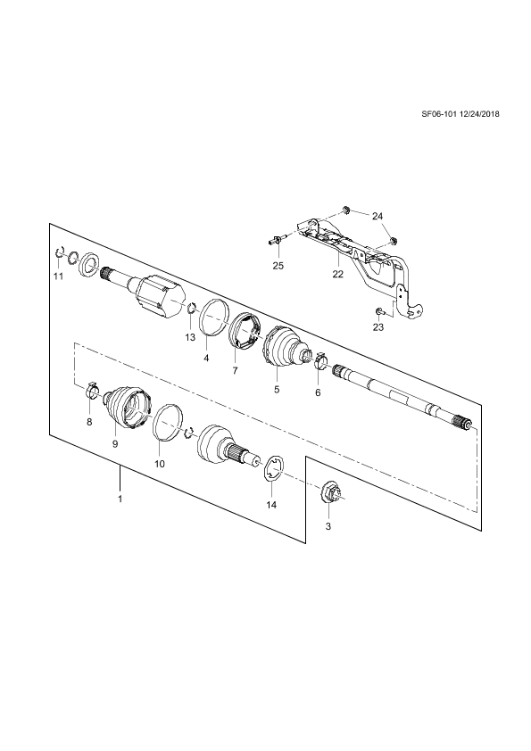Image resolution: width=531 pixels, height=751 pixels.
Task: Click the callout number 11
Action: (58, 276)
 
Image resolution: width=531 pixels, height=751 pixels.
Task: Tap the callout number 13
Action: (190, 337)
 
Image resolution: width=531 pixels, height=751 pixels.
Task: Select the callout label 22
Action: (338, 275)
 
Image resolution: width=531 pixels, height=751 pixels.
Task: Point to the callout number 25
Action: (278, 265)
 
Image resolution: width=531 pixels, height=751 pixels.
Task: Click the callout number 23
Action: (378, 327)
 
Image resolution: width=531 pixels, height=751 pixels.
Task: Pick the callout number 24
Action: (378, 217)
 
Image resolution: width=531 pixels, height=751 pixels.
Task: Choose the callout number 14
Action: (271, 505)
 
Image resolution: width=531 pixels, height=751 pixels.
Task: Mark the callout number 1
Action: (120, 499)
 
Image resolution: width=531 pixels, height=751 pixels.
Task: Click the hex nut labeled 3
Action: (332, 493)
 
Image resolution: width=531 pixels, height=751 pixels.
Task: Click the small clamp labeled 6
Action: (320, 361)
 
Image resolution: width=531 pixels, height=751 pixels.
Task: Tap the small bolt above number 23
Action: (378, 312)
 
